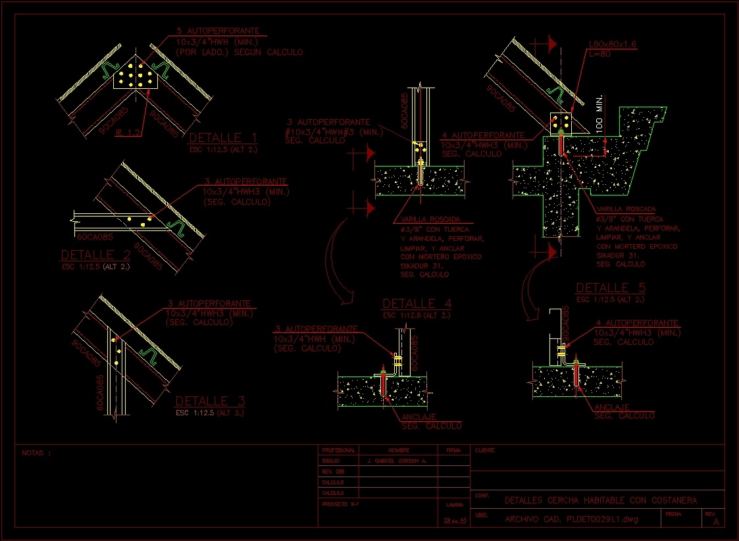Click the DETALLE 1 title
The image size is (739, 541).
[x=223, y=138]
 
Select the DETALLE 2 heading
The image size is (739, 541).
[x=95, y=255]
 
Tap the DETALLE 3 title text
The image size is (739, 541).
[x=211, y=401]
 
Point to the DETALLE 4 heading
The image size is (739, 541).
[x=417, y=303]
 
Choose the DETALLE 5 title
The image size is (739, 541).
[x=610, y=288]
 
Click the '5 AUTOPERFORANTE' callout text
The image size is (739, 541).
[x=217, y=31]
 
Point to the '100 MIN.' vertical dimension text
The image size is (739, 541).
[x=600, y=115]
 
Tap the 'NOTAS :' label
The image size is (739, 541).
[x=36, y=453]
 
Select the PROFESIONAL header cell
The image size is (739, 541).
[x=338, y=451]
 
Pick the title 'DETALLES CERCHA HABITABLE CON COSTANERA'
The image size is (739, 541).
[x=600, y=500]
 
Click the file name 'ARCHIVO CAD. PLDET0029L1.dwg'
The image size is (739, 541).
[x=571, y=519]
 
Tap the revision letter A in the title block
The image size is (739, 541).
[x=715, y=521]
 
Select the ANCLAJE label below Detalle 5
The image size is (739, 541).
[x=611, y=407]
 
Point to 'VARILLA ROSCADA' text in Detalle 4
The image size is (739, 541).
[x=430, y=219]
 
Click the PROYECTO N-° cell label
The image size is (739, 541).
[x=340, y=503]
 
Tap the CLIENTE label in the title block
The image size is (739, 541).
[x=485, y=451]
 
